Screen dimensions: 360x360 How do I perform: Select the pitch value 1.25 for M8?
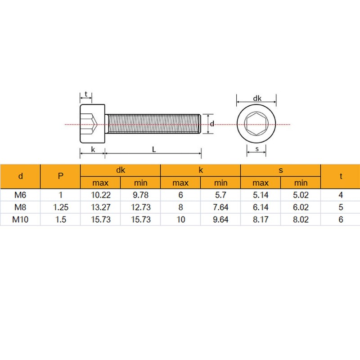(x=60, y=207)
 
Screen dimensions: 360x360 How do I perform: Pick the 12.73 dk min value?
(x=140, y=207)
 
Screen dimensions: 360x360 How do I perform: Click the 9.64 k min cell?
(x=220, y=220)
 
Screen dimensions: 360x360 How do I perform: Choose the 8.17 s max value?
(x=261, y=220)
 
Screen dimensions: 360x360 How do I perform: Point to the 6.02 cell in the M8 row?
(x=301, y=207)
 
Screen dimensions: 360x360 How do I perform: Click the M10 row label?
(x=20, y=220)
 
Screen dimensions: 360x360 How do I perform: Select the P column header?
(x=60, y=176)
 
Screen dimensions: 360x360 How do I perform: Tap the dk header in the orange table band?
(x=120, y=170)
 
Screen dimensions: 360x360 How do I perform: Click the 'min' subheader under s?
(x=301, y=183)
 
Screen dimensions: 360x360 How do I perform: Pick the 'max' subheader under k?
(x=180, y=183)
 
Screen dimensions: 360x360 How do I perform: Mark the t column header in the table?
(x=341, y=176)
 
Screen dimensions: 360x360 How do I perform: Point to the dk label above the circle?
(x=256, y=98)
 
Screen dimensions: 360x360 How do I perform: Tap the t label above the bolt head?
(x=86, y=94)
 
